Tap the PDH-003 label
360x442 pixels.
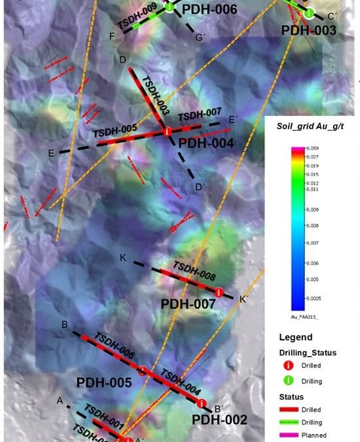tap(308, 30)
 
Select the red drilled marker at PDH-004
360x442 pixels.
tap(168, 131)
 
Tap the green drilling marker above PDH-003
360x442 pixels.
tap(308, 13)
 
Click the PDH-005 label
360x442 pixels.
tap(105, 382)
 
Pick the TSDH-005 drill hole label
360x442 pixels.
tap(115, 130)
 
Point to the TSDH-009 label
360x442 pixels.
tap(136, 16)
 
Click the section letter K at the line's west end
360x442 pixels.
tap(122, 258)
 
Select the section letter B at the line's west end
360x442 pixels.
tap(65, 325)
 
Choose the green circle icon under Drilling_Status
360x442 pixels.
tap(289, 380)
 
